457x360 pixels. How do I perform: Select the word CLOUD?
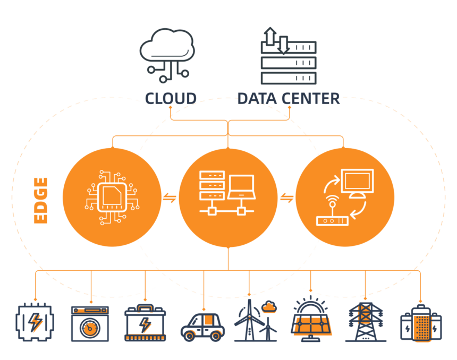coord(171,98)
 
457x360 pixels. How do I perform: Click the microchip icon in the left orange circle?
coord(112,198)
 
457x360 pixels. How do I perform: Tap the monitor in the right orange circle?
coord(358,181)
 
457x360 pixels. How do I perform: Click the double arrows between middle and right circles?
coord(286,198)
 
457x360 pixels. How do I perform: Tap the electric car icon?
coord(202,325)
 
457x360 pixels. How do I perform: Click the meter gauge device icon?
coord(90,323)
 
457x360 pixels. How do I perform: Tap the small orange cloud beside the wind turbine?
coord(269,306)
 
